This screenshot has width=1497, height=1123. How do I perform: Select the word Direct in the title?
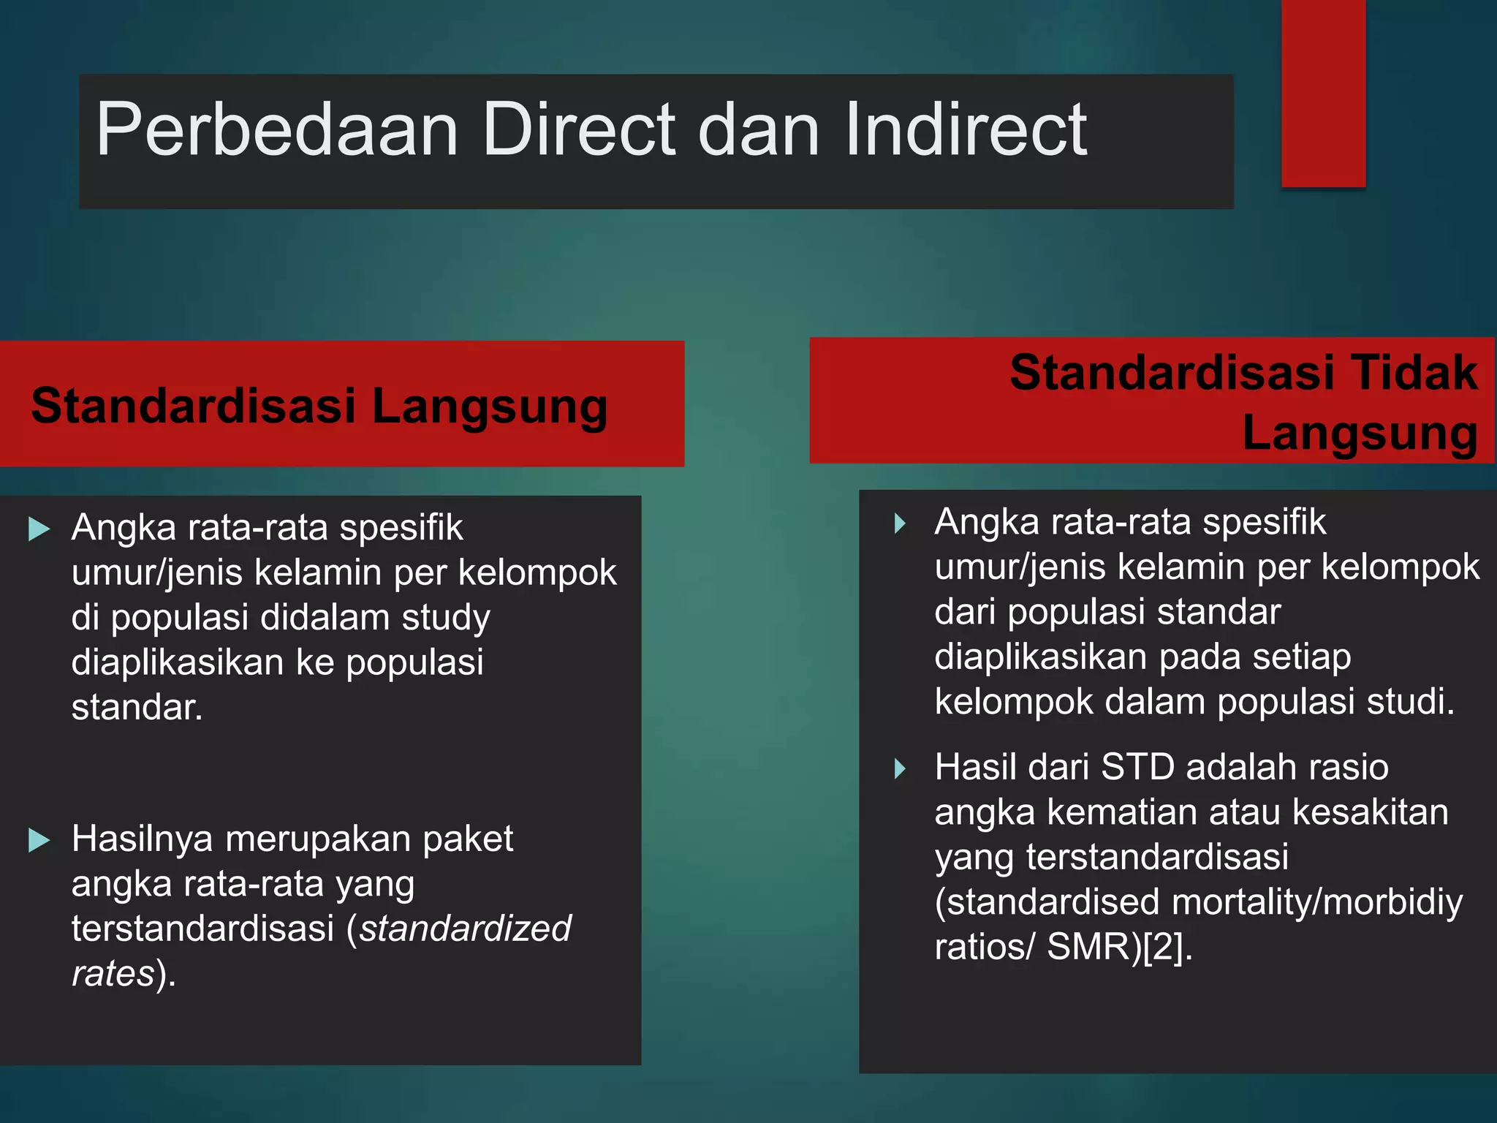(x=579, y=130)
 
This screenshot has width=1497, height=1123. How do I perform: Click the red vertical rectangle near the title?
(x=1323, y=94)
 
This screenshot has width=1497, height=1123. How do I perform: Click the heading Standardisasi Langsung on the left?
(x=319, y=406)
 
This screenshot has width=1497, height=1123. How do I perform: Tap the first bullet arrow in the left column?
(x=39, y=529)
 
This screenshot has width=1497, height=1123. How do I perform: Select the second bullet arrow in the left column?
(x=39, y=840)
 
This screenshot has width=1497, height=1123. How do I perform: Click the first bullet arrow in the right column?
(x=901, y=523)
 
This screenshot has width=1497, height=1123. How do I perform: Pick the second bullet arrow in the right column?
(x=901, y=768)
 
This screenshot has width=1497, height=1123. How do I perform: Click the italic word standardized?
(x=465, y=929)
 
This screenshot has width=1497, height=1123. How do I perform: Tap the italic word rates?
(x=113, y=974)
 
